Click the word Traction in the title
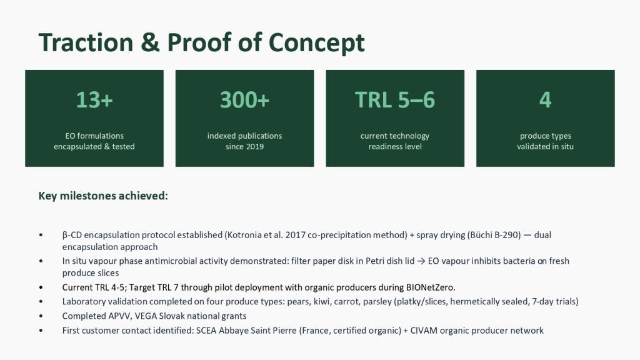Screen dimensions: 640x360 pos(86,42)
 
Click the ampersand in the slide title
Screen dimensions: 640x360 pos(150,42)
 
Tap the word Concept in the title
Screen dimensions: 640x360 pos(316,43)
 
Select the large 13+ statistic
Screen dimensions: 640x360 pos(94,99)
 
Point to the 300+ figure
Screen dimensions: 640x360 pos(244,99)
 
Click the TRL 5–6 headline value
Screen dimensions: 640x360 pos(395,99)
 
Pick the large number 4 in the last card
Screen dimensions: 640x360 pos(545,99)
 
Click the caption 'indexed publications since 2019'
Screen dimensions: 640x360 pos(244,141)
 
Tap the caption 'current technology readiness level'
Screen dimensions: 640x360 pos(395,141)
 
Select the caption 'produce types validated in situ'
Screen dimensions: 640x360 pos(545,141)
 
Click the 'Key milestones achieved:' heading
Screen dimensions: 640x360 pos(103,196)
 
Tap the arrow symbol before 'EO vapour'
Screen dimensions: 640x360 pos(421,261)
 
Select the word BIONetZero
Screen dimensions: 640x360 pos(430,287)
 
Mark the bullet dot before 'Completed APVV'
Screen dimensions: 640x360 pos(41,316)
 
